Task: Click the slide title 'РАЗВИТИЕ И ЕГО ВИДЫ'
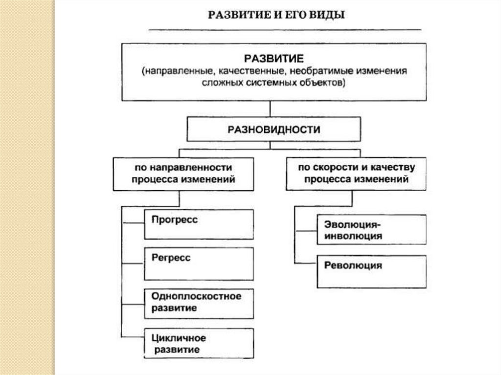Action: pos(277,15)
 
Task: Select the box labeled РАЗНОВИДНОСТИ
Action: pos(273,130)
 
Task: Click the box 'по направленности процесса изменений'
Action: pos(183,174)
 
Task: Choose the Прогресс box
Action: pos(199,225)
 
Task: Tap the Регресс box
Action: pos(199,263)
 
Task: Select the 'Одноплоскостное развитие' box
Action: pos(199,302)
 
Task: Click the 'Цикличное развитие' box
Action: pos(199,343)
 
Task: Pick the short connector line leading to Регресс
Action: pos(133,263)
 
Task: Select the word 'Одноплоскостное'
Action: pos(196,296)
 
